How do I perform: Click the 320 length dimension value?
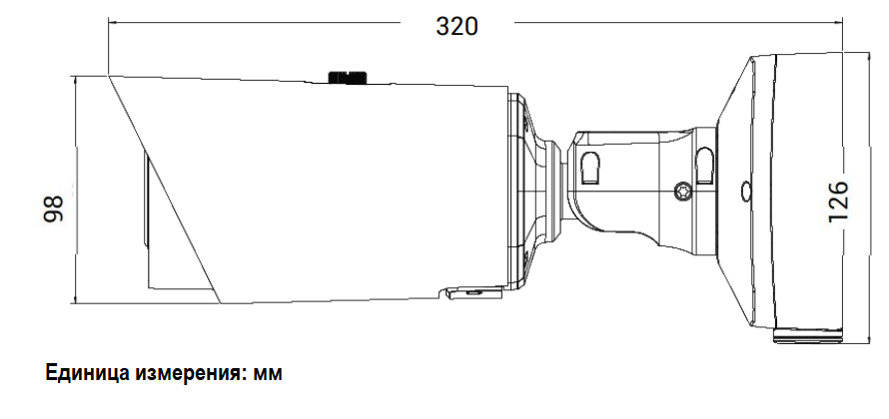(456, 26)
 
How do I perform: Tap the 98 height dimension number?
(54, 209)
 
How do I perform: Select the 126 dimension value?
(838, 202)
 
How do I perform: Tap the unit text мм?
(268, 376)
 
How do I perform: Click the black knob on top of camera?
(347, 77)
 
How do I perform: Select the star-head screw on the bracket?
(683, 192)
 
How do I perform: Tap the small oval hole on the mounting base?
(745, 192)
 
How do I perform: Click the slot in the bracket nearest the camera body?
(590, 168)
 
